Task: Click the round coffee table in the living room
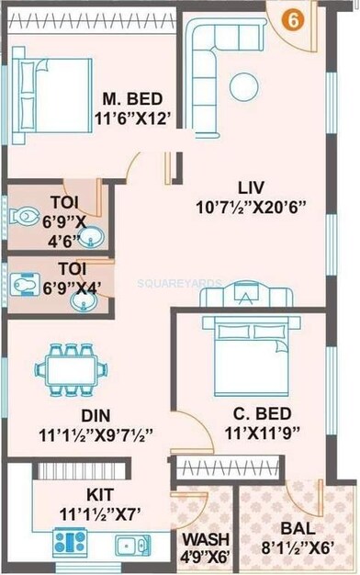[x=245, y=85]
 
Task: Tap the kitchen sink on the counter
[x=129, y=544]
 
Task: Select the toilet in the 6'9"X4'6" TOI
[x=23, y=218]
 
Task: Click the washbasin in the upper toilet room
[x=88, y=241]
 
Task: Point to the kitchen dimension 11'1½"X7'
[x=88, y=512]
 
